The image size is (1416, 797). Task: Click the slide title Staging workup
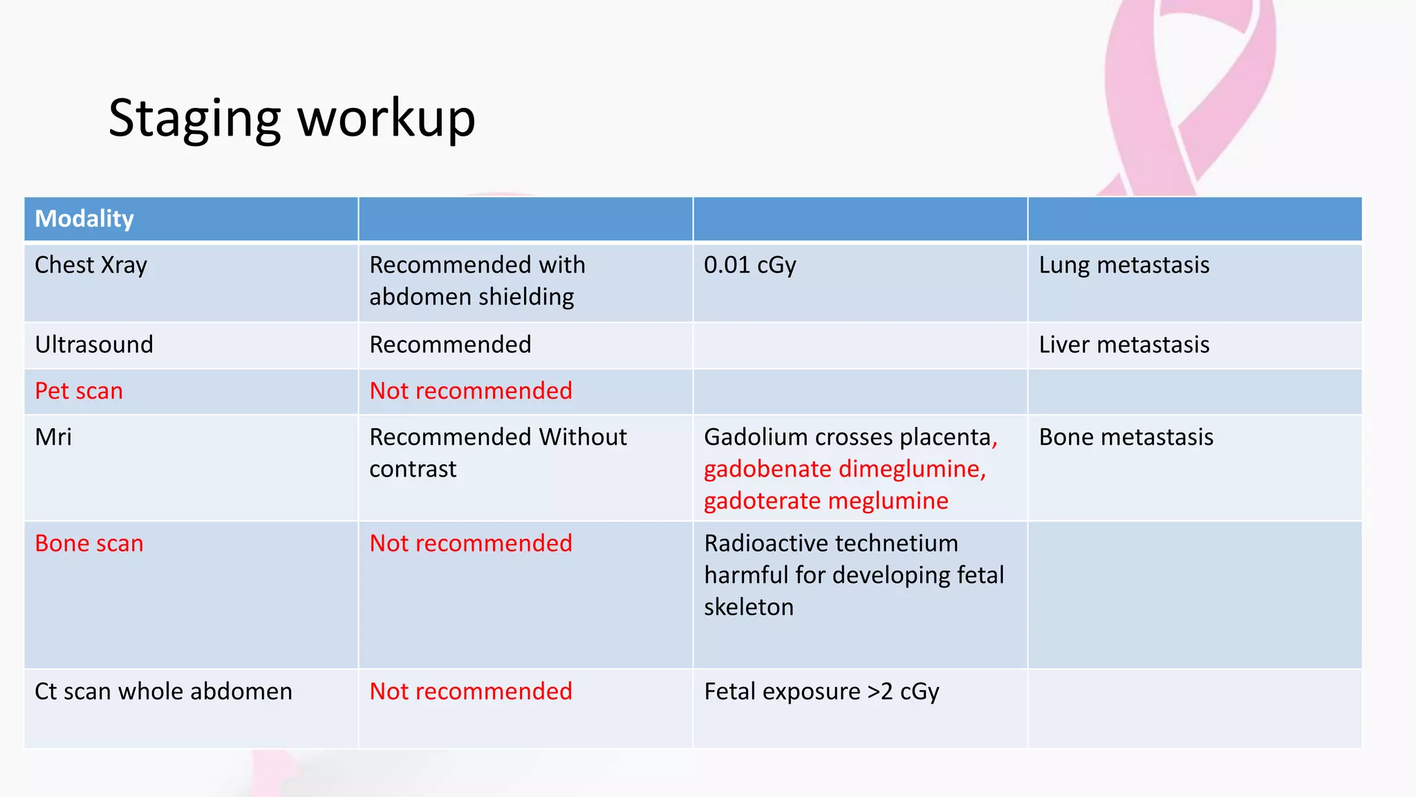click(291, 118)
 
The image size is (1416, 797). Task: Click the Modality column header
click(84, 219)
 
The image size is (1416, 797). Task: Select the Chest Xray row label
click(91, 265)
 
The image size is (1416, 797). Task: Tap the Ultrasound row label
click(94, 345)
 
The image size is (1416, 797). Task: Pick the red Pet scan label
click(79, 391)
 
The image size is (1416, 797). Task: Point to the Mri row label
click(53, 437)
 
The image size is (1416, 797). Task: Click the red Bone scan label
click(89, 543)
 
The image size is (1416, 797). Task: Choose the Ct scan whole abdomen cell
click(163, 691)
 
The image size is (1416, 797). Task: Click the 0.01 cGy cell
click(749, 265)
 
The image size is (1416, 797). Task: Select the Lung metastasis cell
click(1124, 265)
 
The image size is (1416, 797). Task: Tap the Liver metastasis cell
click(1124, 345)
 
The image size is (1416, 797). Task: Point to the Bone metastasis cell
click(1126, 437)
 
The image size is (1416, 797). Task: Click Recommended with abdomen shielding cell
click(477, 280)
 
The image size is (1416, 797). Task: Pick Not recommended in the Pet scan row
click(470, 391)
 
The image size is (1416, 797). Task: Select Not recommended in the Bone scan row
click(470, 543)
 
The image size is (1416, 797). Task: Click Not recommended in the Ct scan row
click(470, 691)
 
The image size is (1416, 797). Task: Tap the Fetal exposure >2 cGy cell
click(821, 691)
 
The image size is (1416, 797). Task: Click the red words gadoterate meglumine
click(826, 501)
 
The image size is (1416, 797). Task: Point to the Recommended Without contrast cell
click(497, 452)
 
